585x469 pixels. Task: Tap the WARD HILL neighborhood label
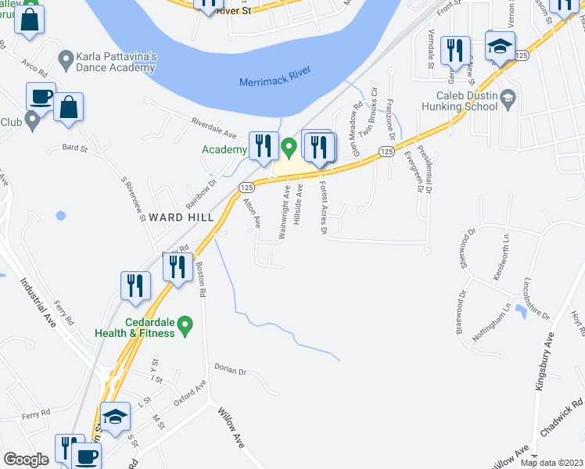(x=178, y=217)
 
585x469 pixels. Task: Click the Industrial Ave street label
(x=39, y=303)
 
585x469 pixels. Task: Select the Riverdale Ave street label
(x=214, y=129)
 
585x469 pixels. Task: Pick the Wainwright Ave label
(x=284, y=206)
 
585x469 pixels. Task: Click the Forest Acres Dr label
(x=322, y=207)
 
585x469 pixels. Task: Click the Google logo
(x=27, y=460)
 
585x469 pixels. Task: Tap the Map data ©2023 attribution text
(x=551, y=463)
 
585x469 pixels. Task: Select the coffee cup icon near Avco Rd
(x=41, y=98)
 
